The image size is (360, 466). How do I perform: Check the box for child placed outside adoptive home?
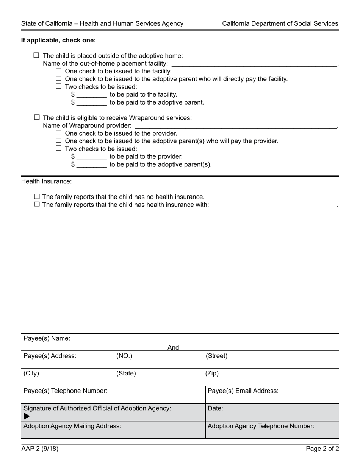pos(36,55)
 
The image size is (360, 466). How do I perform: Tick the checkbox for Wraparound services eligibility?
pos(37,117)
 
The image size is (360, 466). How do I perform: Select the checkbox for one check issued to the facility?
pos(58,71)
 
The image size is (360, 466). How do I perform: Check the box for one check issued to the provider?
pos(58,133)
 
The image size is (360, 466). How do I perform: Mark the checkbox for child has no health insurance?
pos(37,197)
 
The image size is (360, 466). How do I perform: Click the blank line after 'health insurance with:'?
pos(274,205)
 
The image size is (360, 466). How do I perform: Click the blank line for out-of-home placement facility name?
pos(254,64)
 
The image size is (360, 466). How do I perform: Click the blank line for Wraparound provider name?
pos(235,126)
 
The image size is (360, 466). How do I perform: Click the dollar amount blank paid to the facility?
pos(91,95)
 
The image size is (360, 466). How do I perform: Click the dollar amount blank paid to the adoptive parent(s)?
pos(91,165)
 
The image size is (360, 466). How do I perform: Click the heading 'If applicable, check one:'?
pos(58,40)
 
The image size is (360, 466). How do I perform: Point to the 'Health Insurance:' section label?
pos(46,181)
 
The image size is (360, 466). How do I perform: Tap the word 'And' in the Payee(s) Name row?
pos(173,347)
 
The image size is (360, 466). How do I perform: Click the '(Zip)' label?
pos(212,373)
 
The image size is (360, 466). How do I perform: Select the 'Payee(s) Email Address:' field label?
pos(243,391)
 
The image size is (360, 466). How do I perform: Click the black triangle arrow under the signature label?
pos(27,416)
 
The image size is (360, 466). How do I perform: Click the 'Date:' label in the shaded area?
pos(215,408)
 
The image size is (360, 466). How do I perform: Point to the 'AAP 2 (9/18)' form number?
pos(40,449)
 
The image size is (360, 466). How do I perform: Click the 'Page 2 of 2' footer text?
pos(322,449)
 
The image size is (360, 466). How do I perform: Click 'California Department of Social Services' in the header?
pos(280,23)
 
